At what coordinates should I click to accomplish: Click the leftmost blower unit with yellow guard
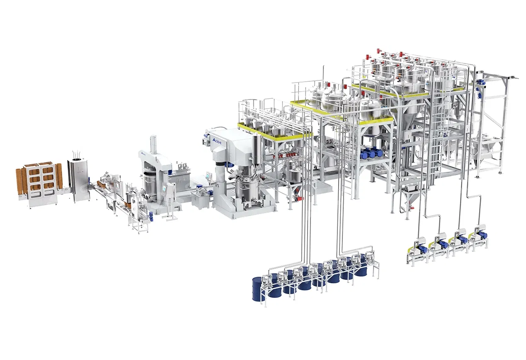[x=417, y=249]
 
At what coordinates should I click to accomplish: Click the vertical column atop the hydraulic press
[x=153, y=145]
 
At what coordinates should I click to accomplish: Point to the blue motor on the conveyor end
[x=151, y=215]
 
